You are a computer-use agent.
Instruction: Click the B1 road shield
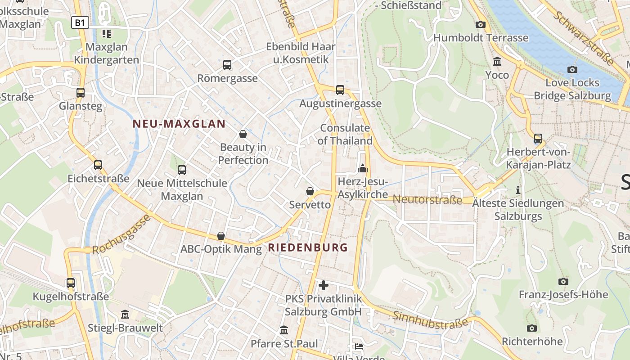coord(80,22)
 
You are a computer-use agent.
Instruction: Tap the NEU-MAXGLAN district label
coord(179,124)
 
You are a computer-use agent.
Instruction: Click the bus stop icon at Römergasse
coord(227,65)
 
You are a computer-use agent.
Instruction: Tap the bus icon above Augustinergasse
coord(340,90)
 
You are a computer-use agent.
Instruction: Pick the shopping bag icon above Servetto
coord(310,191)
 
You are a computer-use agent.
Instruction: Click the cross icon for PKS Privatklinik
coord(323,285)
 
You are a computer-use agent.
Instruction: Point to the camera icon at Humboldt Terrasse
coord(481,25)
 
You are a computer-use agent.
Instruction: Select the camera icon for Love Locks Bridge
coord(572,69)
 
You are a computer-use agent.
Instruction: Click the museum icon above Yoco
coord(497,61)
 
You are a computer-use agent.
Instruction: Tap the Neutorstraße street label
coord(427,199)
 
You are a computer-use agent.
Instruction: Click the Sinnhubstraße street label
coord(431,320)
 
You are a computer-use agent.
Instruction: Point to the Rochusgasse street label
coord(121,235)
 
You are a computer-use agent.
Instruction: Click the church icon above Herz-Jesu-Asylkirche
coord(362,169)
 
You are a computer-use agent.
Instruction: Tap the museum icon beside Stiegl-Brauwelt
coord(125,315)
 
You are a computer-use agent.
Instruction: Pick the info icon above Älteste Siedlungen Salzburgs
coord(518,190)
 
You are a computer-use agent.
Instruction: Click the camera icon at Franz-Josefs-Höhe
coord(563,282)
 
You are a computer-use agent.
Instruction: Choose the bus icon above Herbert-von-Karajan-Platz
coord(538,138)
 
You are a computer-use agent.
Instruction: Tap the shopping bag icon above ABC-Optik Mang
coord(221,236)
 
